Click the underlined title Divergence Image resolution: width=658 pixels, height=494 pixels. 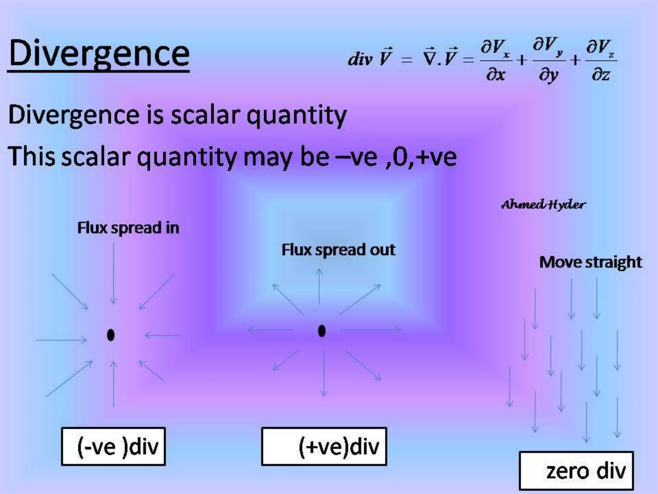99,53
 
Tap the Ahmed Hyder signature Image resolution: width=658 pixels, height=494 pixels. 543,205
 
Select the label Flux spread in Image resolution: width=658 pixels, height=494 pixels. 128,228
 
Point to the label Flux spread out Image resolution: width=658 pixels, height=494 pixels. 338,250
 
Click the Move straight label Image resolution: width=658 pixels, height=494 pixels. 591,262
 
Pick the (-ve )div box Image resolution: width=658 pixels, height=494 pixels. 113,446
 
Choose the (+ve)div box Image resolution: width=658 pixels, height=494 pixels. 324,446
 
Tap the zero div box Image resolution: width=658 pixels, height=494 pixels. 576,471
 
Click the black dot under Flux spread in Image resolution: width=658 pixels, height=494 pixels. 111,335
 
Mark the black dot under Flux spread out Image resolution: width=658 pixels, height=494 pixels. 322,331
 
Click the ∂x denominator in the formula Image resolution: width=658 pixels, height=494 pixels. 495,75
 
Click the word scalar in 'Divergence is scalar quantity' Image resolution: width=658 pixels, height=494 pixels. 205,115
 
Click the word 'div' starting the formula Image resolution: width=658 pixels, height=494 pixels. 360,59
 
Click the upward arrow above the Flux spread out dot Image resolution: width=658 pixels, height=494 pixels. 319,286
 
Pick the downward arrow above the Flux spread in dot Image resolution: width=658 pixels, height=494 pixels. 113,273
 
